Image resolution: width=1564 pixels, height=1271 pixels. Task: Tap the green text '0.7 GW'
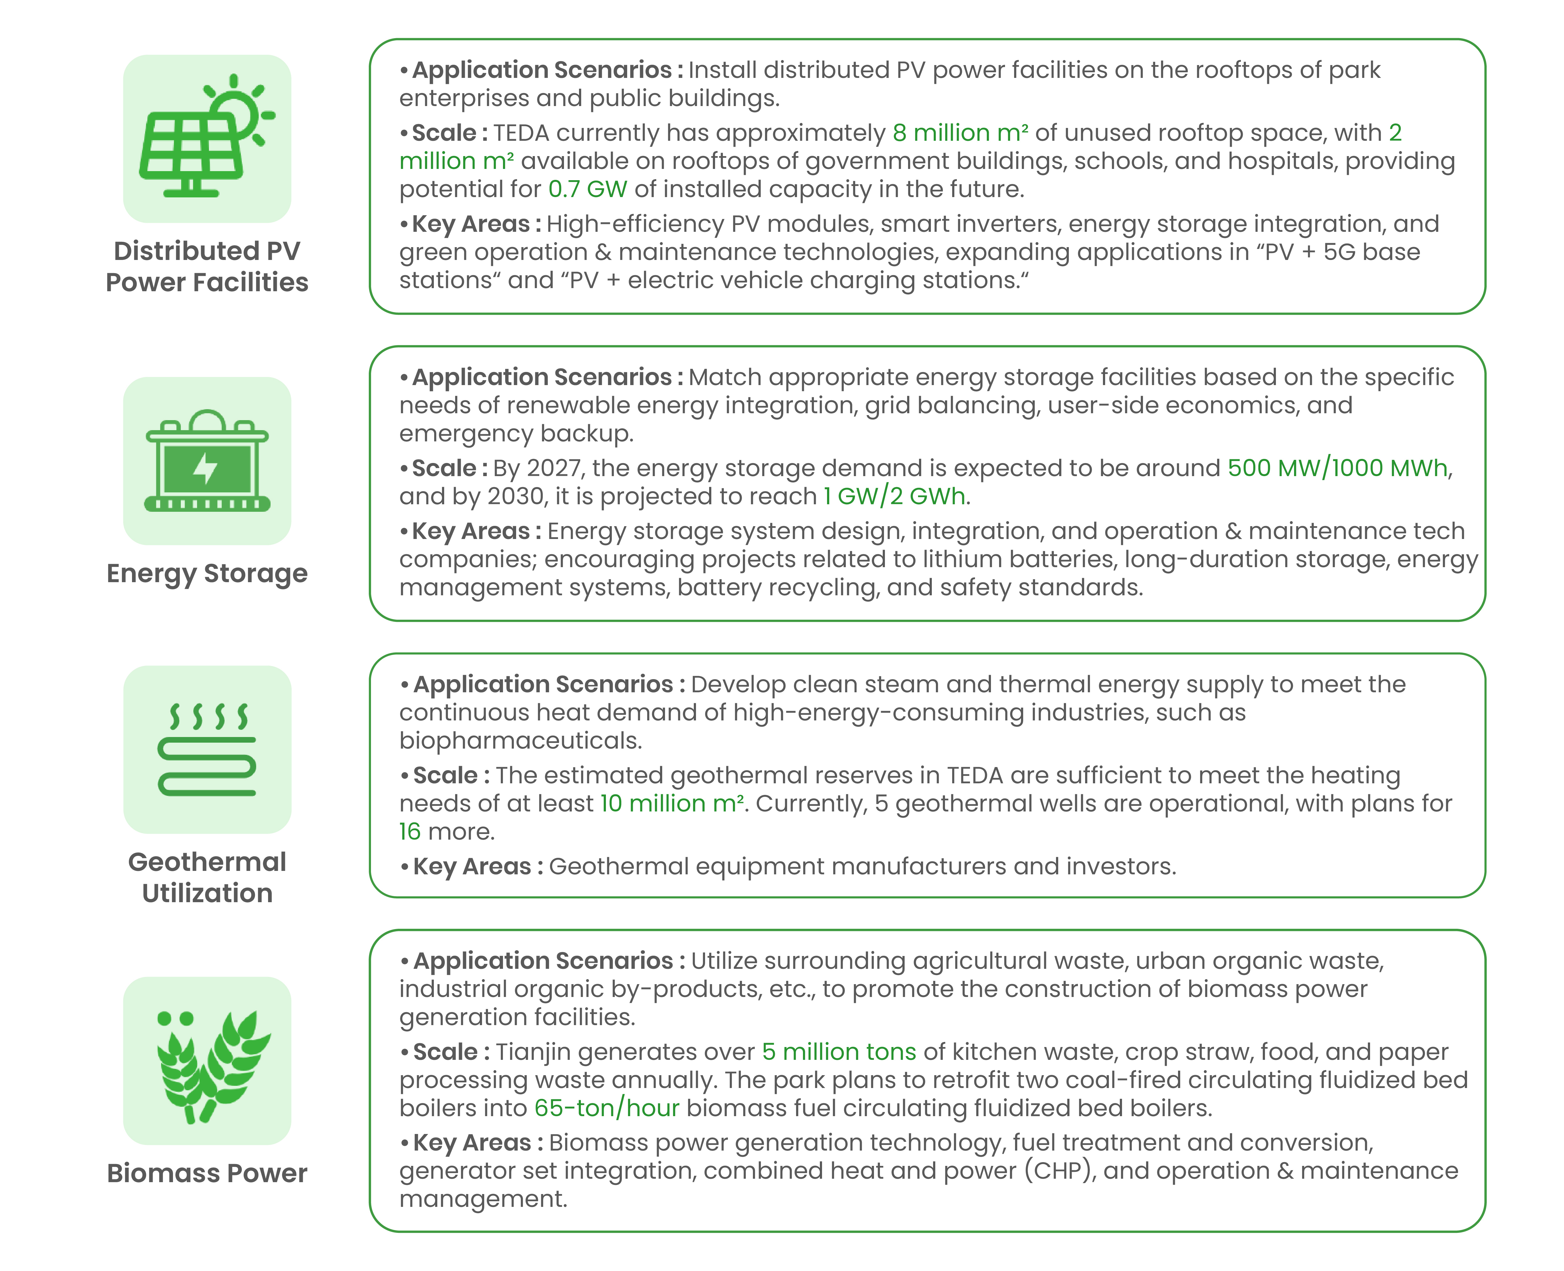587,189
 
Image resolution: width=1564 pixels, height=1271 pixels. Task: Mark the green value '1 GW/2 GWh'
893,496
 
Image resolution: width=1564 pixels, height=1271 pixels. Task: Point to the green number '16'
409,832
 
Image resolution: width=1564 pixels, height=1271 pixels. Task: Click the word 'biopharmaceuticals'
520,741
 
